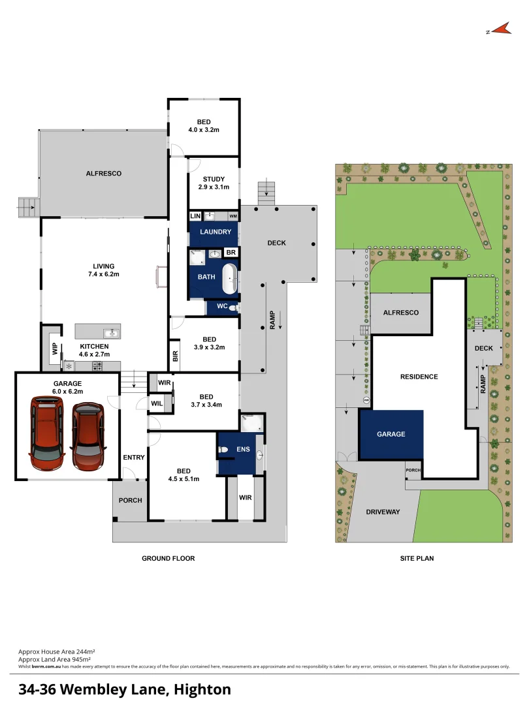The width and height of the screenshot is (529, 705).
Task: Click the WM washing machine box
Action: pos(233,216)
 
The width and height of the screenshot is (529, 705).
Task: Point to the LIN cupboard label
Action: pos(195,216)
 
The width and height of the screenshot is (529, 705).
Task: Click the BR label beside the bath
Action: pos(231,253)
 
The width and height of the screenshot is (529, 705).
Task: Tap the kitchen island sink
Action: pos(113,334)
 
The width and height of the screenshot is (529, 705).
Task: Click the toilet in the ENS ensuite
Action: pos(223,450)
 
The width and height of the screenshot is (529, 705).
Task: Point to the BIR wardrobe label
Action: pos(175,356)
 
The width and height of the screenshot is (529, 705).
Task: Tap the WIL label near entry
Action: pos(157,404)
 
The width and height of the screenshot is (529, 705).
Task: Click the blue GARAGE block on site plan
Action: pos(391,434)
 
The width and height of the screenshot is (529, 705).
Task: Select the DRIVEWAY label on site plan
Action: pos(383,512)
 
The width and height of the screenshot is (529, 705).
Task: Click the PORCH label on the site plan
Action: pos(413,470)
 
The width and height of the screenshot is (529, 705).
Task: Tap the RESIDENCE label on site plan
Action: pos(419,377)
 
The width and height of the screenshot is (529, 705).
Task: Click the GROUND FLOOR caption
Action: pos(168,558)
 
